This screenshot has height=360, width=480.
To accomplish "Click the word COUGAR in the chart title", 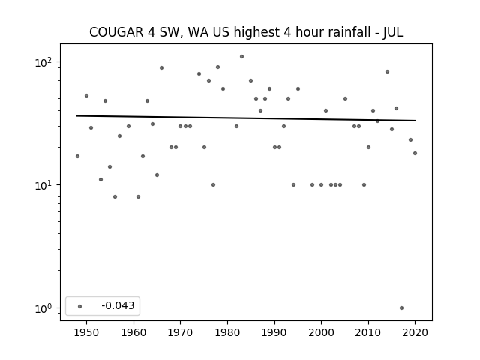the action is (x=116, y=32).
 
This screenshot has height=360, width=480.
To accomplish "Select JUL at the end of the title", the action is (x=393, y=32).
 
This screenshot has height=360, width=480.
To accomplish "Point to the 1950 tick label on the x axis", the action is (x=87, y=332).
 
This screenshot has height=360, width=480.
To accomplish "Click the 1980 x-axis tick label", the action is (x=227, y=332).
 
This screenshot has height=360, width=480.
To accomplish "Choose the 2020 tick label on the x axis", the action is (x=415, y=332).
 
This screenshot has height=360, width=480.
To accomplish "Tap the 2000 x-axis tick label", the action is (x=321, y=332).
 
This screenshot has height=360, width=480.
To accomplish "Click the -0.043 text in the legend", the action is (x=118, y=305).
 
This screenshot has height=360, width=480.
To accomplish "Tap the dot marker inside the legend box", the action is (x=80, y=306).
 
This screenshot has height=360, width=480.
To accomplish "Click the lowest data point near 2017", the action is (x=401, y=308).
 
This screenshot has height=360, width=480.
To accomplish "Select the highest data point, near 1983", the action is (x=241, y=57).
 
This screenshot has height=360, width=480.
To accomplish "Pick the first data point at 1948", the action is (x=77, y=157).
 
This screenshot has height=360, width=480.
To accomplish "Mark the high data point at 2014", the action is (x=387, y=72).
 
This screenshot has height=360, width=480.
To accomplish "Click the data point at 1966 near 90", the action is (x=162, y=68).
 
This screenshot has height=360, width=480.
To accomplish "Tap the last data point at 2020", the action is (x=415, y=153).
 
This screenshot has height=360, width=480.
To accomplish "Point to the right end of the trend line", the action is (x=415, y=121).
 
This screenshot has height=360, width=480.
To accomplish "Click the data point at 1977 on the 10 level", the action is (x=213, y=185).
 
